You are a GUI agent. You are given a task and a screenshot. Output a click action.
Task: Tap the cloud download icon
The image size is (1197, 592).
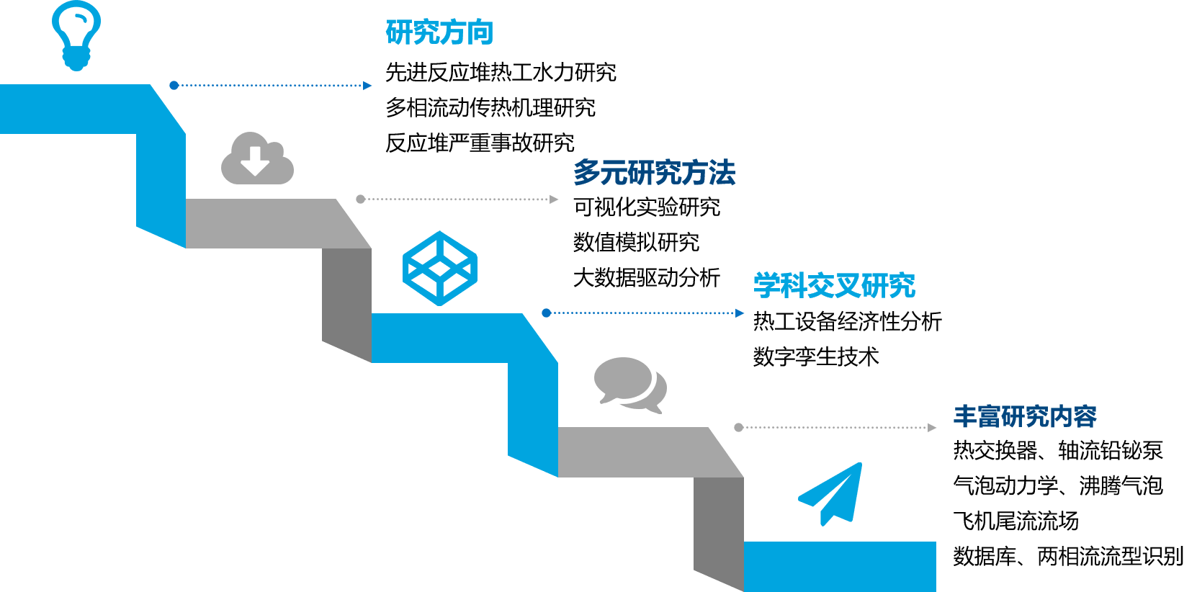click(257, 159)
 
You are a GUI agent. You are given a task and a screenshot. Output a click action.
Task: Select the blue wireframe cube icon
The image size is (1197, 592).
click(440, 269)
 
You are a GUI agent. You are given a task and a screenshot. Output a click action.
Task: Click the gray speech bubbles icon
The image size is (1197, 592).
click(629, 385)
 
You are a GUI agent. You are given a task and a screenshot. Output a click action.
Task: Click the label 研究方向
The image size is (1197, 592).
click(439, 32)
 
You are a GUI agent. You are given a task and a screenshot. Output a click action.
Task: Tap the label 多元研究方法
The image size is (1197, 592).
click(654, 173)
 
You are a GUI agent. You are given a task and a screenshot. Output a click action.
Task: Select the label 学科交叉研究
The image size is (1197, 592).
click(834, 286)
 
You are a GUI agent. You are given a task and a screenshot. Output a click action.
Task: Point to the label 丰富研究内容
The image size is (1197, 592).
click(1025, 416)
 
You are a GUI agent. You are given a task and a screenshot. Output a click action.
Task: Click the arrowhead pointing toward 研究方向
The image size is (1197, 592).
click(368, 86)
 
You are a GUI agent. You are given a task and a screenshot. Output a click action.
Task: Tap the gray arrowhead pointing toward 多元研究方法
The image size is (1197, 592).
click(554, 199)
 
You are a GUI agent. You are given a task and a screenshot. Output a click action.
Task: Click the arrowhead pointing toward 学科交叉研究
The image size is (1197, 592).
click(740, 313)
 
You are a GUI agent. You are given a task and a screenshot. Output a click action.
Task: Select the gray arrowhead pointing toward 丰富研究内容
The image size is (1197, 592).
click(932, 428)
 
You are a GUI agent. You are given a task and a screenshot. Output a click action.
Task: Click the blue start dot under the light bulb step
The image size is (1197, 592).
click(174, 86)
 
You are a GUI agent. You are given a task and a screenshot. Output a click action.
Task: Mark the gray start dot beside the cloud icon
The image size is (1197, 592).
click(361, 199)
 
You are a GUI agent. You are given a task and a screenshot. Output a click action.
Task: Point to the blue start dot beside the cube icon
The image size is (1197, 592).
click(547, 313)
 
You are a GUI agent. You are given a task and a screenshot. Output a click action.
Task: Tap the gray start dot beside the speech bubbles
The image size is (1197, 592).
click(739, 428)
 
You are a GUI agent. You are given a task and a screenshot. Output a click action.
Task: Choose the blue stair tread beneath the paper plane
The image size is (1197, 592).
click(840, 566)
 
